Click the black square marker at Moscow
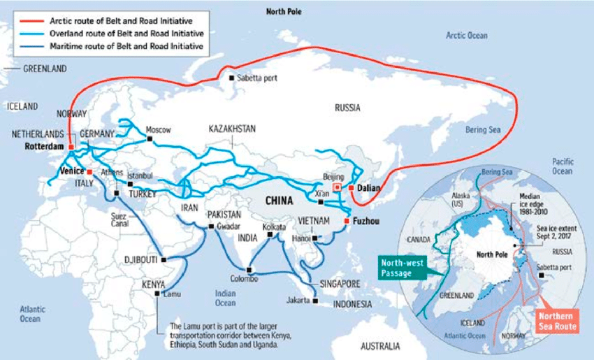(149, 139)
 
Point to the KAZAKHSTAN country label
(232, 129)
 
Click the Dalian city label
(368, 188)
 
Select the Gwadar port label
(231, 227)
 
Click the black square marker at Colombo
(249, 269)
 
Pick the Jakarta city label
(298, 301)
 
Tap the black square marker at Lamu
(157, 294)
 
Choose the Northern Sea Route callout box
(556, 321)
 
